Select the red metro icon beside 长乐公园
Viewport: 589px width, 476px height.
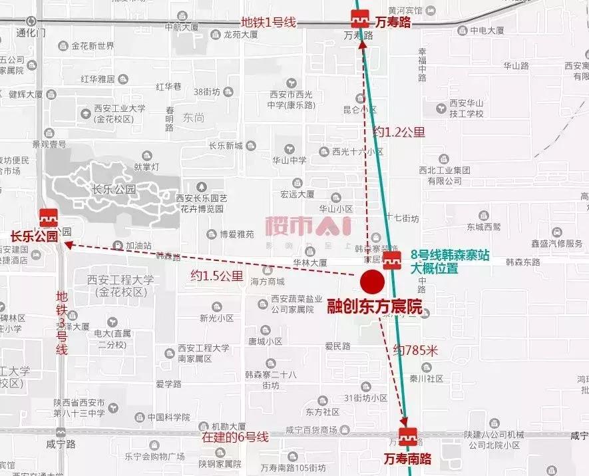point(48,218)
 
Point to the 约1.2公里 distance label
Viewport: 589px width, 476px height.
point(398,132)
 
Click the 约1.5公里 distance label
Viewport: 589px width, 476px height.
point(216,274)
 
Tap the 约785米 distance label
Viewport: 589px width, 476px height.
point(415,350)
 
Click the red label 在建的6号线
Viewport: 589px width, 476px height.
point(236,437)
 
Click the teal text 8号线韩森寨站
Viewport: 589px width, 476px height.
point(445,254)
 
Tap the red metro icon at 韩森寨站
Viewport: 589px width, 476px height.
point(393,260)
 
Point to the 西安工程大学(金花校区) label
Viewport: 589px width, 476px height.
point(120,286)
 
